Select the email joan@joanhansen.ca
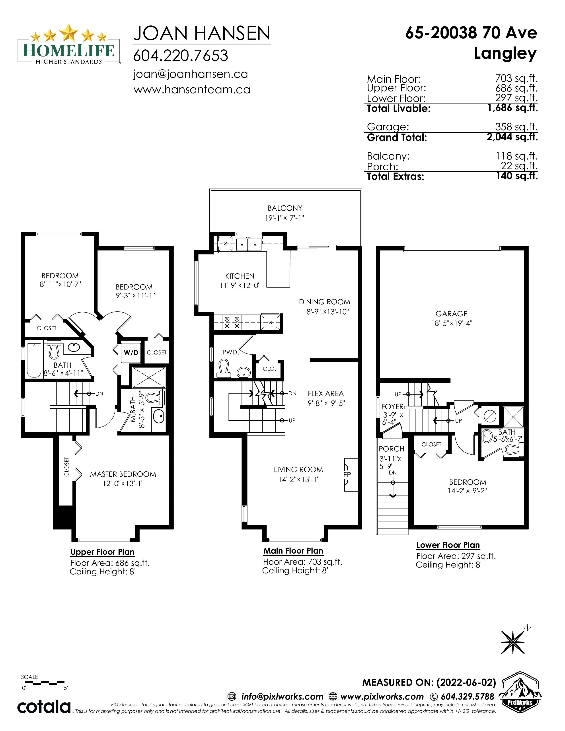[x=191, y=74]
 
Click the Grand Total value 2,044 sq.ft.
[x=512, y=137]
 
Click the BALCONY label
[x=285, y=208]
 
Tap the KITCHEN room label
[x=240, y=276]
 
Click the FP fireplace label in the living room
[x=347, y=475]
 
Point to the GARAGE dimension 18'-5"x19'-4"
[x=452, y=323]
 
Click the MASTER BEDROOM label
[x=123, y=474]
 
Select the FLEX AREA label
[x=326, y=394]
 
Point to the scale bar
[x=43, y=682]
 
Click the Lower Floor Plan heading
[x=448, y=545]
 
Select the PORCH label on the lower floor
[x=392, y=449]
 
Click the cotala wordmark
[x=44, y=707]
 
